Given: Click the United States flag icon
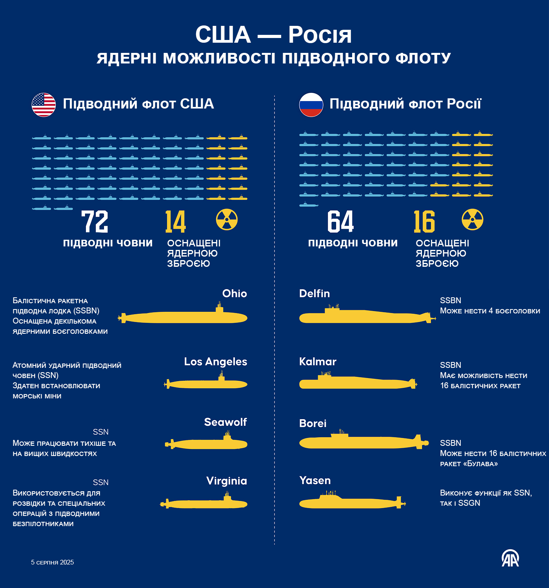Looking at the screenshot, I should coord(44,105).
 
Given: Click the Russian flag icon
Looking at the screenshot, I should coord(311,105).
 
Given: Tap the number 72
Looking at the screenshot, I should coord(95,222).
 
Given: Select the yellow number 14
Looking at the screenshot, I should coord(175,222).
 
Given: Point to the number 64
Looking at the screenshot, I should coord(340,222).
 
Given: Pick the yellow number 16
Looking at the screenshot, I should coord(424,222).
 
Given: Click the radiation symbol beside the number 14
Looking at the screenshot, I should coord(227,219).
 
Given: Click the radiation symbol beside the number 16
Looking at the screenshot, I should coord(473,219).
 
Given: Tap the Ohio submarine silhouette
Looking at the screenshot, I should coord(184,317).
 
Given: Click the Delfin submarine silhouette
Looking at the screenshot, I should coord(365,317).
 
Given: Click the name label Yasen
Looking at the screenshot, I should coord(315,480).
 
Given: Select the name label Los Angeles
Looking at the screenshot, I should coord(216,362).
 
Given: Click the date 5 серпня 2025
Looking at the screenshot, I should coord(53,562).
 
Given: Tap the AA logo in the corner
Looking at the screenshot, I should coord(510,558).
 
